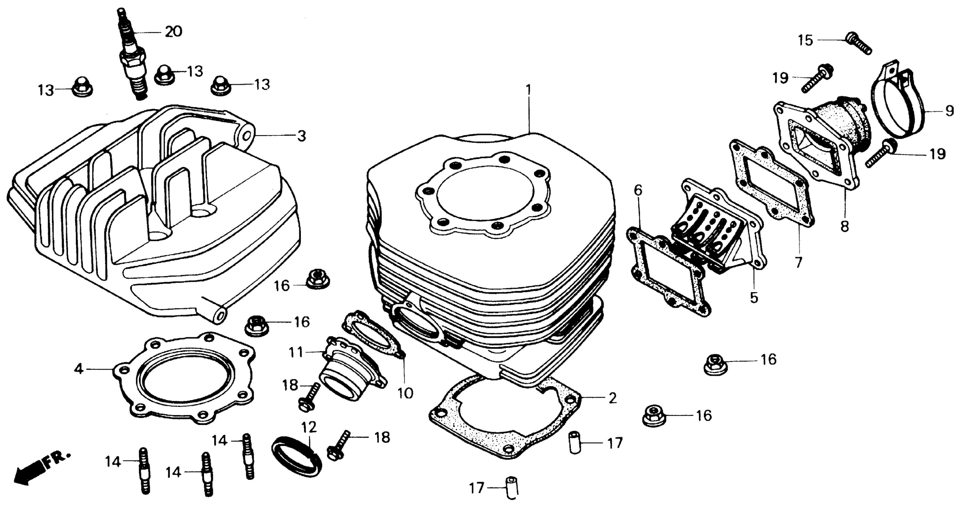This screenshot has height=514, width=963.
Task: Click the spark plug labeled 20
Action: click(132, 60)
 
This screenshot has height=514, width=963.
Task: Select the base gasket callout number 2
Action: click(612, 399)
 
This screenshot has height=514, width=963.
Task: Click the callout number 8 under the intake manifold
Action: click(845, 226)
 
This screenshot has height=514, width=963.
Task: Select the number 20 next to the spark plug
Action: click(173, 32)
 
